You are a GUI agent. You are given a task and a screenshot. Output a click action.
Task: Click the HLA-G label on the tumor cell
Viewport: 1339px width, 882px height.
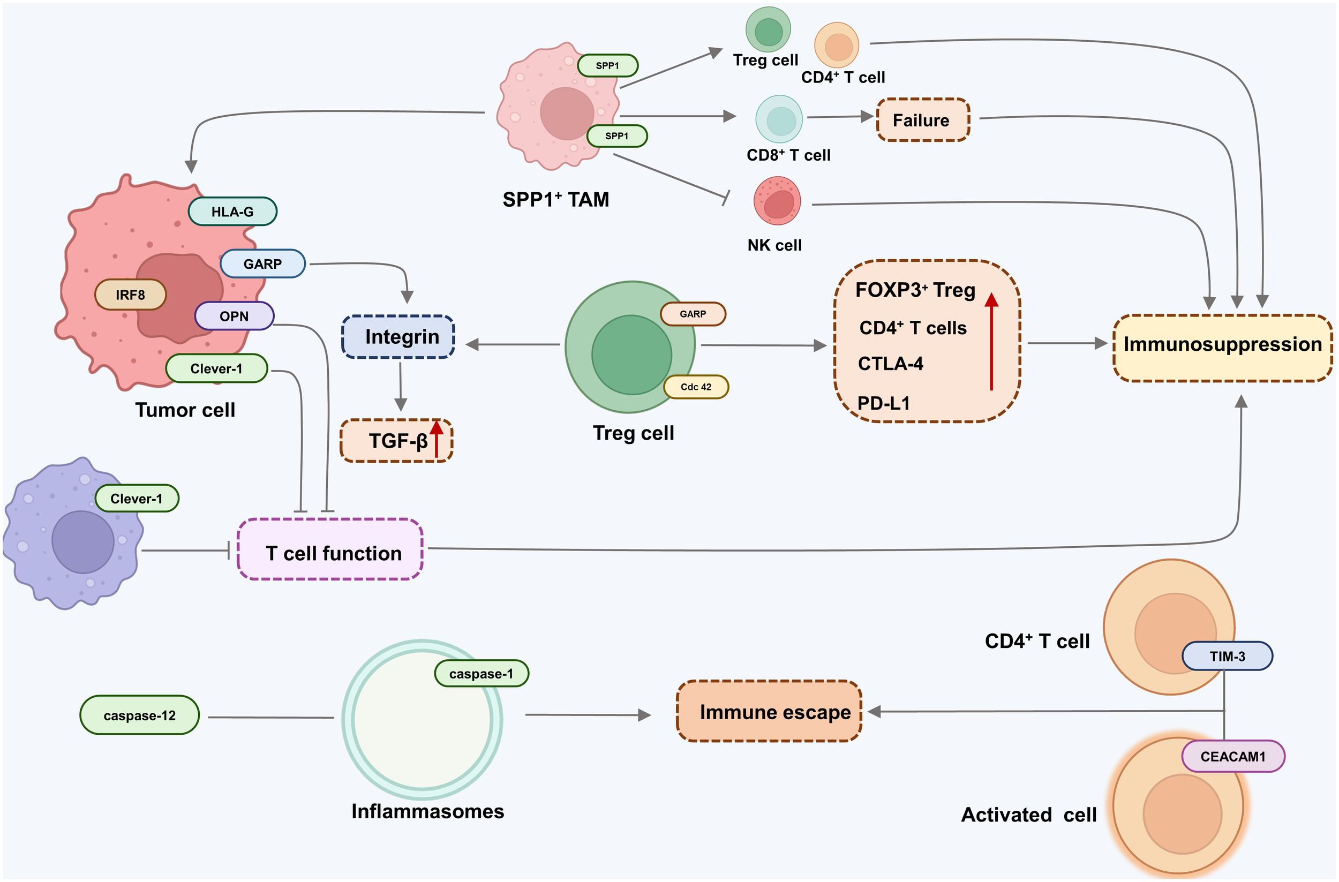[x=232, y=212]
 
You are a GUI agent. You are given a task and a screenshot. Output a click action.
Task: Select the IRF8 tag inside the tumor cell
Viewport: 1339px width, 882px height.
[x=131, y=295]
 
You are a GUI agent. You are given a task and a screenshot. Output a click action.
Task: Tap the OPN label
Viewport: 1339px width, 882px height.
[x=234, y=316]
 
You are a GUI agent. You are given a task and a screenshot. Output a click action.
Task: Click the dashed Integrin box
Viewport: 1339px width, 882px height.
[x=398, y=337]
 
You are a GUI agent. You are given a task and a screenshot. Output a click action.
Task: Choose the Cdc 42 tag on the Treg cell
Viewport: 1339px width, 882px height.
[x=696, y=387]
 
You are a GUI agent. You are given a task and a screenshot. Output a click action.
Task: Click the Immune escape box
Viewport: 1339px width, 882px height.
[x=769, y=712]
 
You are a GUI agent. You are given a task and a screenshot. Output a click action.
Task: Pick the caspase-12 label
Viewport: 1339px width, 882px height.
[x=140, y=715]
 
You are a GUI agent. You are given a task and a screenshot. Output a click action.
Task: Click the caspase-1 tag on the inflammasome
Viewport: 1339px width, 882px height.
[x=482, y=674]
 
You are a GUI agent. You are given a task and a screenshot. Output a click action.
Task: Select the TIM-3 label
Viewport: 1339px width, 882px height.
[x=1227, y=656]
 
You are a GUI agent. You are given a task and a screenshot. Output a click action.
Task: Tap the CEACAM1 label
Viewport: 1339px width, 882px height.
[x=1232, y=757]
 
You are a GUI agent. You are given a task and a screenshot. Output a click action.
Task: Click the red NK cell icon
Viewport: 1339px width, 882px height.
[x=777, y=201]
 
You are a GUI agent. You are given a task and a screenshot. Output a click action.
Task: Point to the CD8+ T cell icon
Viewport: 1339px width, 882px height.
[x=779, y=119]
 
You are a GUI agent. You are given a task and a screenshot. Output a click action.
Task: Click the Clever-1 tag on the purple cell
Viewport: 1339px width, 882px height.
[x=137, y=499]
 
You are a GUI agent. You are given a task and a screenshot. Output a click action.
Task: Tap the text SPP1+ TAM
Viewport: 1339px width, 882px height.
[x=555, y=200]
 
